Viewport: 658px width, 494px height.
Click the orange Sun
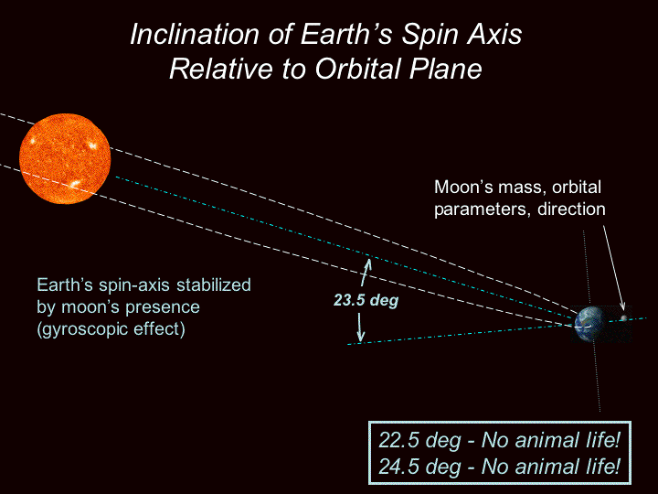[x=65, y=159]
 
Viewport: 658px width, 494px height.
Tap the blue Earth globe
[x=590, y=324]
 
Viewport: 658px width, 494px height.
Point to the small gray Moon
[x=623, y=318]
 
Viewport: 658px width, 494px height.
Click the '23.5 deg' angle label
[x=366, y=300]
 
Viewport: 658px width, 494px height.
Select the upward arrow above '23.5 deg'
[x=366, y=273]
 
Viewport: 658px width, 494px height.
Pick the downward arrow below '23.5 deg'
[x=360, y=327]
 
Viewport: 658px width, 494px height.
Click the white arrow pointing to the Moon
[x=613, y=267]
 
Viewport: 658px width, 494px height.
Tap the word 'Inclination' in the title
[x=195, y=34]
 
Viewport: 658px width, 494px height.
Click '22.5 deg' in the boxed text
[x=419, y=441]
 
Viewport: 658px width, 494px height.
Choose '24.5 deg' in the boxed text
[x=419, y=467]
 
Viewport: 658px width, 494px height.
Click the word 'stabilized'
[x=214, y=285]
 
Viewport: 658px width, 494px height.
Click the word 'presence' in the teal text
[x=163, y=307]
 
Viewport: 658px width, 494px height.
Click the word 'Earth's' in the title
[x=345, y=34]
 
